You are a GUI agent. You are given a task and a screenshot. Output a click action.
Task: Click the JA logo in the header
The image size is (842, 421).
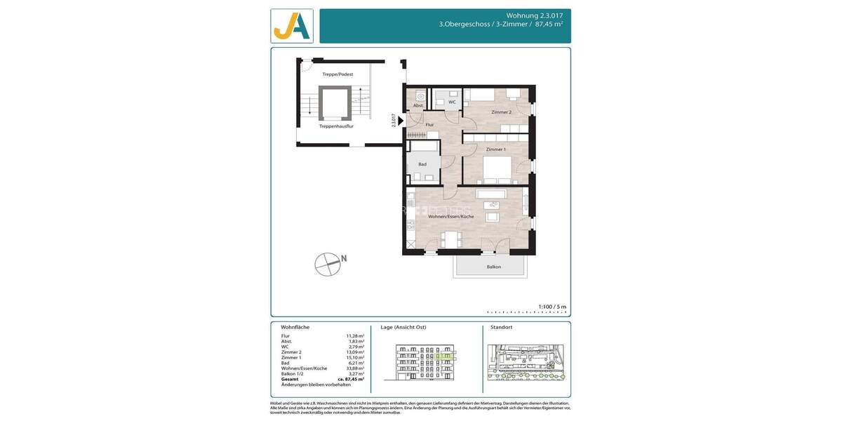292,26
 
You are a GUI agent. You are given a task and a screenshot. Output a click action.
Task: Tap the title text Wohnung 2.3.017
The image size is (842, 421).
534,15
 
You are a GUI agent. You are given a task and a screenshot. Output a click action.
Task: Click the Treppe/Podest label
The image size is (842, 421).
337,74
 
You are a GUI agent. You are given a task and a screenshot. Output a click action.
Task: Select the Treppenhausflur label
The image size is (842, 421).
336,126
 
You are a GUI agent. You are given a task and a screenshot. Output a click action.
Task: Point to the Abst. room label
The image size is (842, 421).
417,105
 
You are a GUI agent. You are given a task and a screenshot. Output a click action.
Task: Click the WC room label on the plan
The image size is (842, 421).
452,102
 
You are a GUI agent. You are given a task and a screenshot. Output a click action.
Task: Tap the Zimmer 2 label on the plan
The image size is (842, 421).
501,112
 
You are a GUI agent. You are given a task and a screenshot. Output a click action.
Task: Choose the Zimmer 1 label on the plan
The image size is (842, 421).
495,149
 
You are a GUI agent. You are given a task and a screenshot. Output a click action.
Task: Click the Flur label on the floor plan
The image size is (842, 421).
429,125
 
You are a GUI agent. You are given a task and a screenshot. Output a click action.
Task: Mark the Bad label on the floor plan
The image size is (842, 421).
422,164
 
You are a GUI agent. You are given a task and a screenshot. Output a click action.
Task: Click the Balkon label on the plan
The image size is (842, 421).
494,267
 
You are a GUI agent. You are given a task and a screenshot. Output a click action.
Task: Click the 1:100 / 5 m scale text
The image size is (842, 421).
552,307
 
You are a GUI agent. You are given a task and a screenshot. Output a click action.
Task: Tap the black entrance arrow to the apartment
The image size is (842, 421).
400,121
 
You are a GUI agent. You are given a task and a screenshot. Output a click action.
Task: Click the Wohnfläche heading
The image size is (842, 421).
295,328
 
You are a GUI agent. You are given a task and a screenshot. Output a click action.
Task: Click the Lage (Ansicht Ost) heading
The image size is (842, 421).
403,328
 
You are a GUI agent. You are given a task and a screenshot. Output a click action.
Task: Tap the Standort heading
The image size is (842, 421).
501,328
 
